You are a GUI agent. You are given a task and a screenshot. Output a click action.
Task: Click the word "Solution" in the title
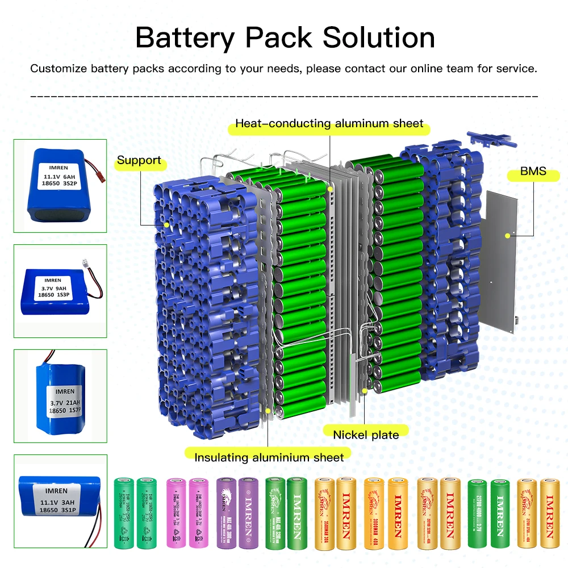click(x=379, y=37)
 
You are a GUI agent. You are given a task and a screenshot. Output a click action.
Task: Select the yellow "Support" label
click(x=139, y=161)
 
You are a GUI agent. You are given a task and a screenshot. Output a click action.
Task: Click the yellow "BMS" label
click(x=533, y=171)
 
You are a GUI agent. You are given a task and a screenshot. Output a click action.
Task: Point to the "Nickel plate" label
click(x=366, y=435)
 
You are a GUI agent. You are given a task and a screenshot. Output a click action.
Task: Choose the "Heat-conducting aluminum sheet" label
click(x=329, y=123)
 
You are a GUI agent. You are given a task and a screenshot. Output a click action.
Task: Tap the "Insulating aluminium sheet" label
click(x=269, y=457)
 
